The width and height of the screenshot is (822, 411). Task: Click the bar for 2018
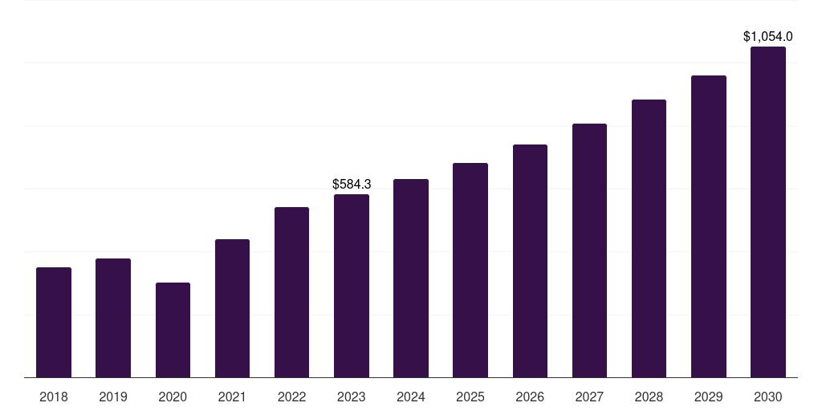tap(54, 322)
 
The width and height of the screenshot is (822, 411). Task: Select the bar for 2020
tap(173, 330)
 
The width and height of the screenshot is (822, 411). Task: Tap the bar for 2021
tap(232, 308)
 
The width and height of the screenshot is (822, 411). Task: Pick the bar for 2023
tap(352, 286)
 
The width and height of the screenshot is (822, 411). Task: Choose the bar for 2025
tap(470, 270)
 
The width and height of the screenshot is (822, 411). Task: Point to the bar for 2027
tap(589, 250)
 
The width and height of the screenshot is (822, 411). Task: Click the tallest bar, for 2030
tap(768, 212)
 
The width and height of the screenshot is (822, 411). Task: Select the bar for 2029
tap(709, 226)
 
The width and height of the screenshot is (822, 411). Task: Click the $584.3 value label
tap(352, 185)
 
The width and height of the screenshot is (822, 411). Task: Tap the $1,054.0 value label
tap(768, 36)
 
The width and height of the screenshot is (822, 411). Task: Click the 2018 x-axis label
tap(54, 397)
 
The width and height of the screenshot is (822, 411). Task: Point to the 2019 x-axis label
tap(113, 397)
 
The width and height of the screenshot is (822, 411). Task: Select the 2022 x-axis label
tap(292, 397)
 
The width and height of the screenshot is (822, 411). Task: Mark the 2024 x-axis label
tap(411, 397)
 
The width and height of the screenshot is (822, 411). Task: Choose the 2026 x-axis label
tap(530, 397)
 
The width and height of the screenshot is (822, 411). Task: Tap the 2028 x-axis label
tap(649, 397)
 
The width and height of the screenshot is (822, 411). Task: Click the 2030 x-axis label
tap(768, 397)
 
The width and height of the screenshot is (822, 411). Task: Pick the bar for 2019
tap(113, 318)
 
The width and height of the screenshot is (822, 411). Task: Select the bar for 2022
tap(292, 292)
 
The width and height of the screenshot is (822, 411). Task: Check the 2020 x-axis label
tap(173, 397)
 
